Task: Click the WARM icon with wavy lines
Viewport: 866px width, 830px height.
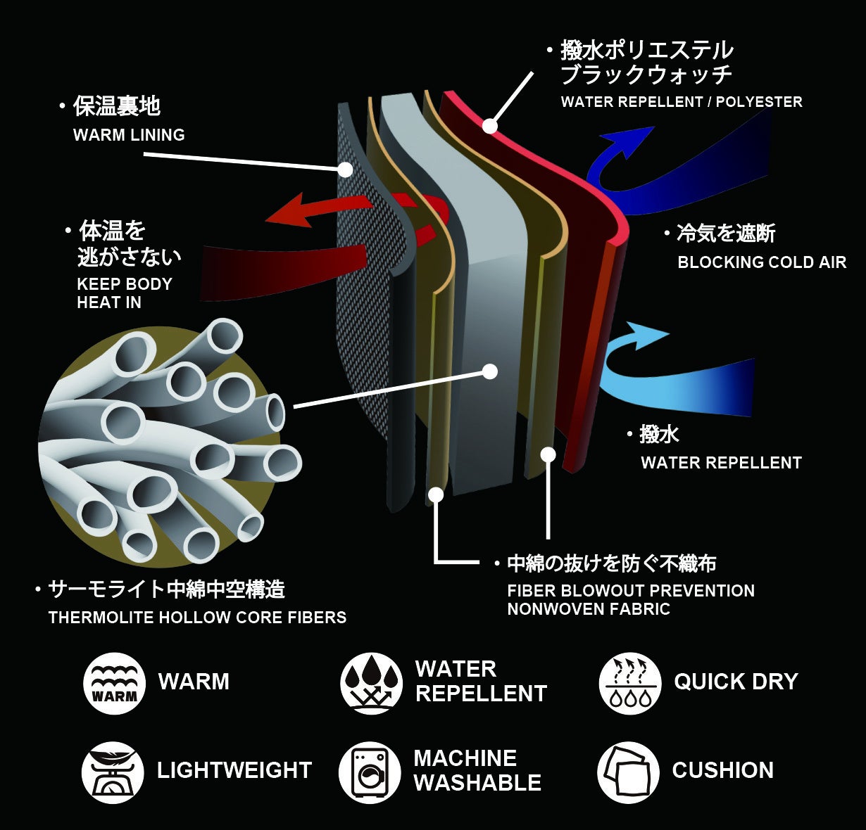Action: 114,683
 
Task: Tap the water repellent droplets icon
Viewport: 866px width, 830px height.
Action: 371,683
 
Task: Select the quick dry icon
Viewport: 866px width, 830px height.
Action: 630,683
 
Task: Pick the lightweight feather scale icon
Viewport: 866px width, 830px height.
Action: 113,772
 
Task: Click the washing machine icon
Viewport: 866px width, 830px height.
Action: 370,772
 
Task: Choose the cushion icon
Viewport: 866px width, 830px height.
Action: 628,772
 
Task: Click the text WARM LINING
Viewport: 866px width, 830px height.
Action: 129,135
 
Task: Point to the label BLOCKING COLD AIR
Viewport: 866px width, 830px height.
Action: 762,262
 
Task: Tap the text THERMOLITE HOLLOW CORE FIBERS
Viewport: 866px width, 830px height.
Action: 197,618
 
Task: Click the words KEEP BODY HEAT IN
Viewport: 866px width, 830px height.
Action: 124,293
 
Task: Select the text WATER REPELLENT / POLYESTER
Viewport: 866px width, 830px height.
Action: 681,102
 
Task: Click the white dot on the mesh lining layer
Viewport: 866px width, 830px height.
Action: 345,170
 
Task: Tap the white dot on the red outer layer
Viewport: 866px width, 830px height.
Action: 489,127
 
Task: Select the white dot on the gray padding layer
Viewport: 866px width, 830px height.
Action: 490,371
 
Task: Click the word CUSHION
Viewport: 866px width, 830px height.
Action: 722,770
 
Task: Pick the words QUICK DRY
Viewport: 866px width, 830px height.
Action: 736,682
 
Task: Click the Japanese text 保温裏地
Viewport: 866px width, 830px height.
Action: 117,106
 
